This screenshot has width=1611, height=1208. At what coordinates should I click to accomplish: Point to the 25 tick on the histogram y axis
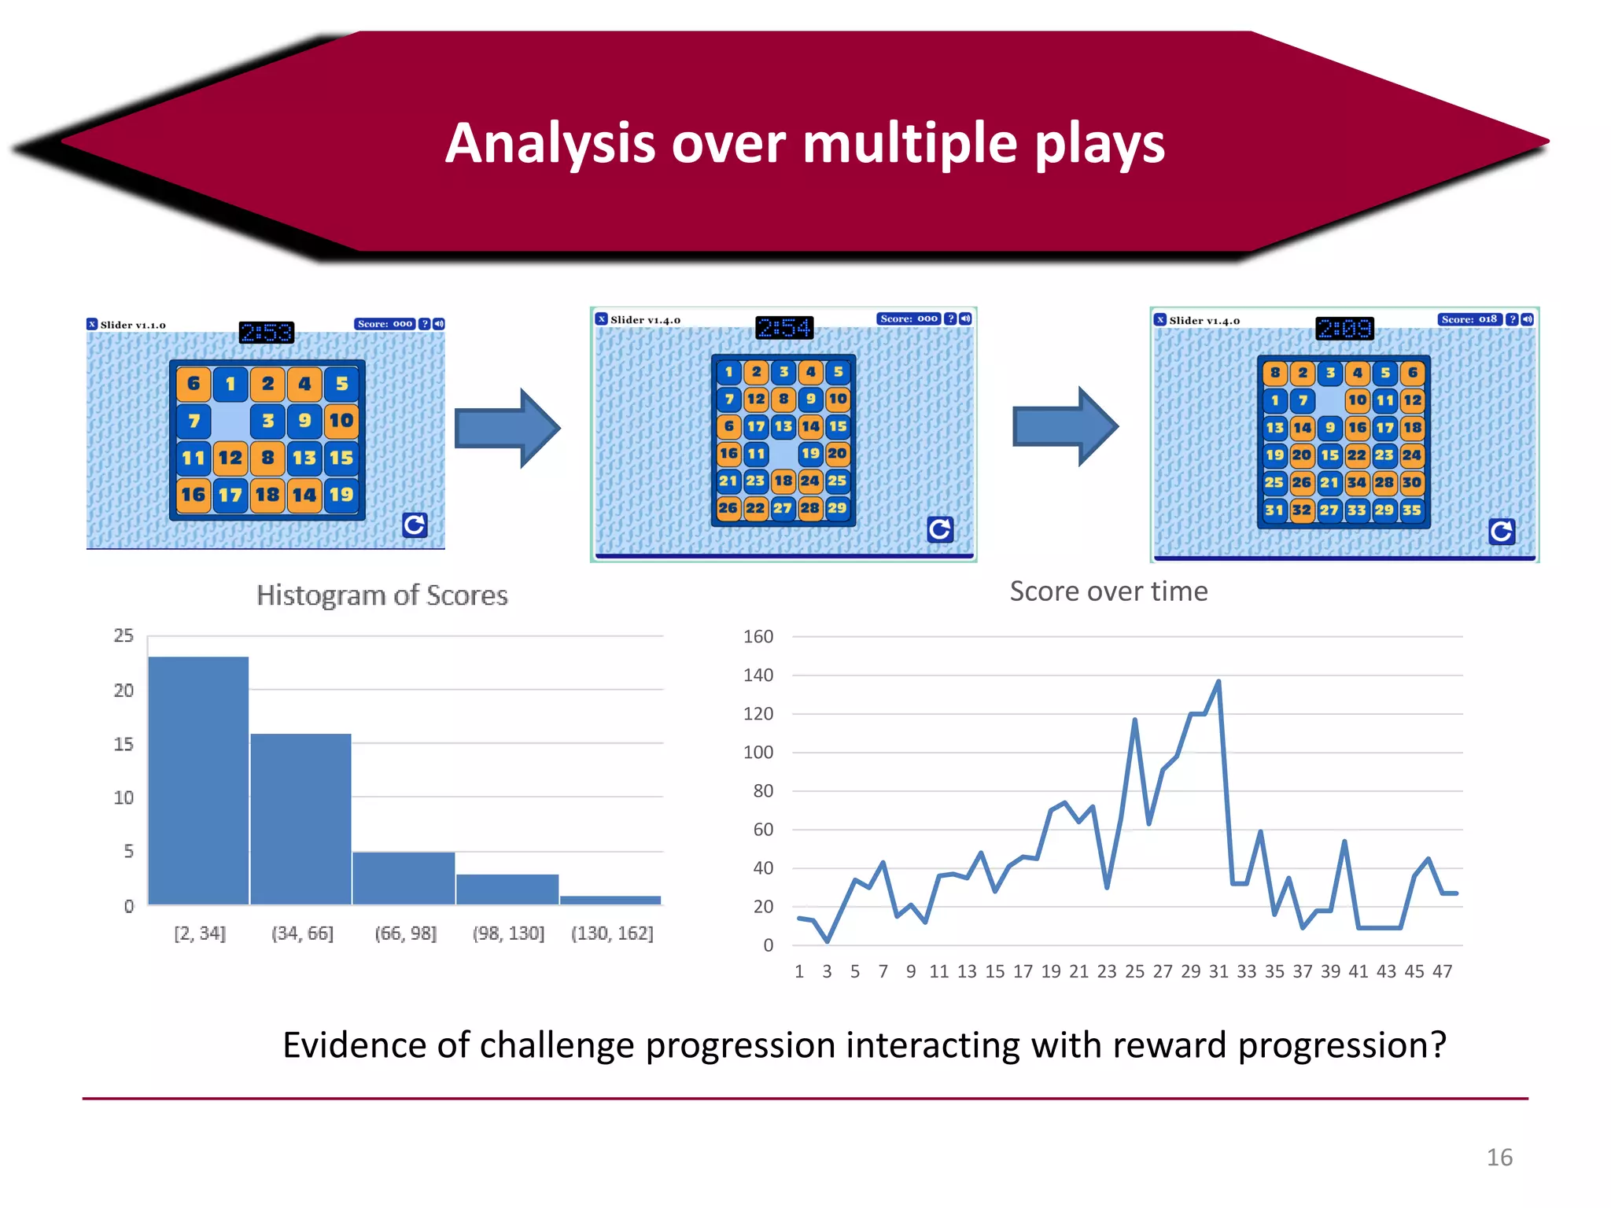123,635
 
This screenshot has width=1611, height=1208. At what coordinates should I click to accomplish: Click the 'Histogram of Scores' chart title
382,595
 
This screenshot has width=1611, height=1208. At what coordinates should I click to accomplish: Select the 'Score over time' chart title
1108,591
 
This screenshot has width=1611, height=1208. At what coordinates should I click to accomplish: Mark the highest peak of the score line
1218,682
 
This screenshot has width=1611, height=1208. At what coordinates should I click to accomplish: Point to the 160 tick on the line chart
758,636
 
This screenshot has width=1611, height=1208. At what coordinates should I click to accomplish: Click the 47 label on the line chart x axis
1442,971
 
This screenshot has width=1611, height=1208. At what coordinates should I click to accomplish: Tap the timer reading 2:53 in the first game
267,333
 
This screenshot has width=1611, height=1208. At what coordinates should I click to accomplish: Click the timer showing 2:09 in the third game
1344,328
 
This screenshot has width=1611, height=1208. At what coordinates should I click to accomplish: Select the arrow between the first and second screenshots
507,429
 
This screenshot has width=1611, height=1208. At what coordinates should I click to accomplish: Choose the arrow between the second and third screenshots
1065,427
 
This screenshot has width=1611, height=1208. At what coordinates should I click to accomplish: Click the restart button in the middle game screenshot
939,529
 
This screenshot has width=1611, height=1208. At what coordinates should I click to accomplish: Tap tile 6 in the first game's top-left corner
194,384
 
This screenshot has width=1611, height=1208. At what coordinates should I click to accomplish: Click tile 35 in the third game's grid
1411,510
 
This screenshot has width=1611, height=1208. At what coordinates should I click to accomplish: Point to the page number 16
1499,1158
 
